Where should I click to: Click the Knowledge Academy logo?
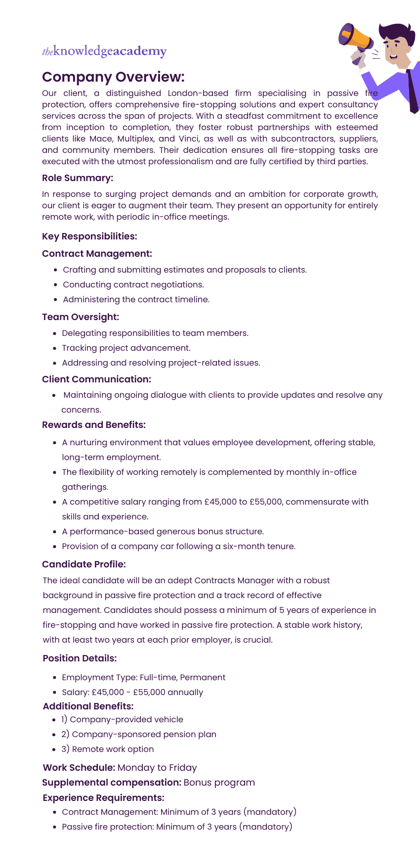[x=104, y=51]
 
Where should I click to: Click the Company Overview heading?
[x=113, y=77]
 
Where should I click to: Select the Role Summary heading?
[x=78, y=178]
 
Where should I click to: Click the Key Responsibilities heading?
[x=89, y=236]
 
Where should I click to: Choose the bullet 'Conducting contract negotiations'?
[x=133, y=284]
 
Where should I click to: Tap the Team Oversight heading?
[x=81, y=317]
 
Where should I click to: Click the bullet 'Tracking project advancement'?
[x=126, y=348]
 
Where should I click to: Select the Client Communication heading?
[x=96, y=379]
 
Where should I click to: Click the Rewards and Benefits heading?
[x=94, y=425]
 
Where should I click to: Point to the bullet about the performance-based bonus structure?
[x=163, y=531]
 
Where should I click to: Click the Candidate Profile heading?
[x=84, y=564]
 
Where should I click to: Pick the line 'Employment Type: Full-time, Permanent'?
[x=143, y=677]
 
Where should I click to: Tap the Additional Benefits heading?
[x=88, y=706]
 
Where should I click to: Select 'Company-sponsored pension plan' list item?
[x=144, y=734]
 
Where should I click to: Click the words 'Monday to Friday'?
[x=157, y=768]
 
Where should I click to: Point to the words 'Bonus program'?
[x=219, y=783]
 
